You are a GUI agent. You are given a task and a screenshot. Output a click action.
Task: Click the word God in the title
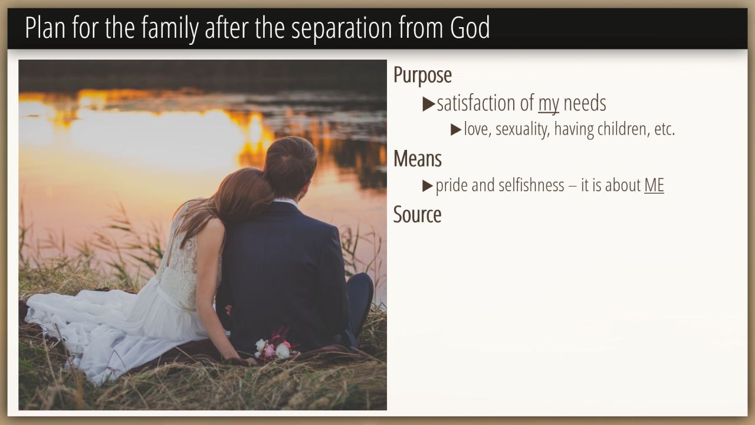470,27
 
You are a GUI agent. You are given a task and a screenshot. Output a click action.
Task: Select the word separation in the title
342,29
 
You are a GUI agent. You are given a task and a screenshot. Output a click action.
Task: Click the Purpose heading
422,76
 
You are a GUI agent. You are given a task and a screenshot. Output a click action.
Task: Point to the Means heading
417,158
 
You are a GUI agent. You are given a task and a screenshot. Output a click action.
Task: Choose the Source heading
417,214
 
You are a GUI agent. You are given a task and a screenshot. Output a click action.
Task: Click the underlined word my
549,104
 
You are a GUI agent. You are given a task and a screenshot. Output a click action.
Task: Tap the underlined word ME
654,185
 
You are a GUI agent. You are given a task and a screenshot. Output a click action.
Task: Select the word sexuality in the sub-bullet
523,129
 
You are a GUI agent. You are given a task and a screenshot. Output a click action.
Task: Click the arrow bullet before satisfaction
429,104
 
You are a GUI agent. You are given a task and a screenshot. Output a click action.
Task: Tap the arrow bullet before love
456,130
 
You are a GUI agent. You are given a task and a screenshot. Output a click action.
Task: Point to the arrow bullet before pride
428,186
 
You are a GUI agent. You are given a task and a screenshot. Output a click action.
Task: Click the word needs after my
585,103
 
